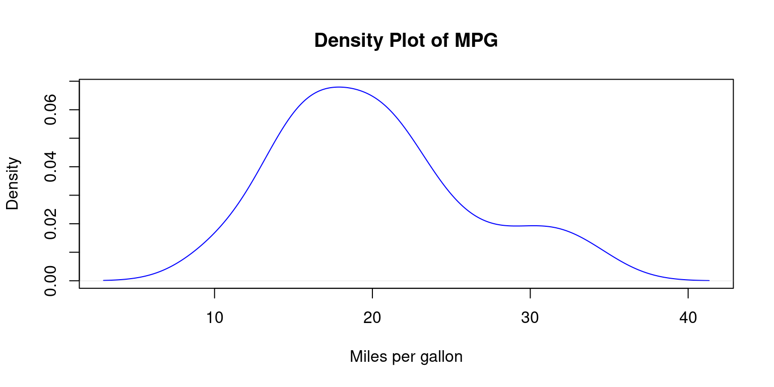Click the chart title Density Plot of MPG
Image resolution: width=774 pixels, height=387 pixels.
point(406,41)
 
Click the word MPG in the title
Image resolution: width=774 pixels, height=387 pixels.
point(476,41)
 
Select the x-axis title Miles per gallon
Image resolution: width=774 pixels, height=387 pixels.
point(406,357)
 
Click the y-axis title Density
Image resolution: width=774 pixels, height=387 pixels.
point(13,183)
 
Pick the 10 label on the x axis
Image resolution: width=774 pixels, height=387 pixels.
point(215,318)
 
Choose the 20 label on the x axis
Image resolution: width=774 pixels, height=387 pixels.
point(372,318)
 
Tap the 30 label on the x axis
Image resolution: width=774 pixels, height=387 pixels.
point(530,318)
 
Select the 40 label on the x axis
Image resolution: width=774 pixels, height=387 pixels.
point(688,318)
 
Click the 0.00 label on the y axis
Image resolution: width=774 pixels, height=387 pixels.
point(50,281)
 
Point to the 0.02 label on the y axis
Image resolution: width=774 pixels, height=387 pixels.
point(50,224)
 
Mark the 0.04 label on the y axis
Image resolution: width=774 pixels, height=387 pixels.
point(50,167)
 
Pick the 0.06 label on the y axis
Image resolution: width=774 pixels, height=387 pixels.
point(50,110)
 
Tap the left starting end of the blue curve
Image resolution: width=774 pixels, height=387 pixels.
point(103,280)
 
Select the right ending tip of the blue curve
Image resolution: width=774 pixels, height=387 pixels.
point(709,280)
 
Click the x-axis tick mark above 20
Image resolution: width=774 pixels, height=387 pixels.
point(372,293)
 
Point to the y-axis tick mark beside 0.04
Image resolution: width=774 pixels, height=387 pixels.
point(75,167)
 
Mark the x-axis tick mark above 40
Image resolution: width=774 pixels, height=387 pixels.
point(688,293)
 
